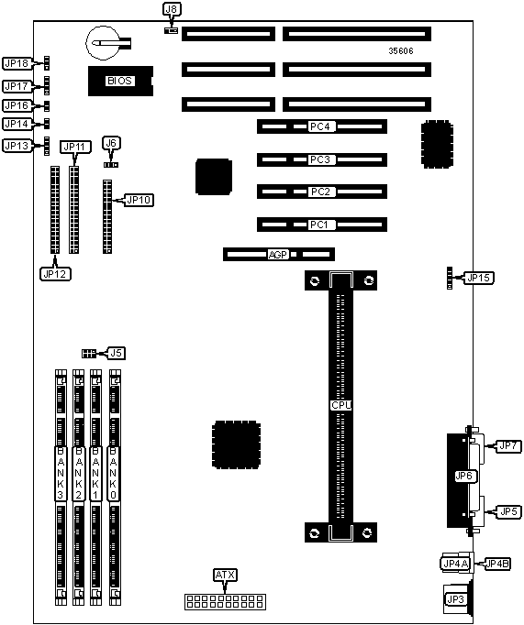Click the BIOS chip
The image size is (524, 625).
120,81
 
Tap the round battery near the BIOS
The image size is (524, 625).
103,43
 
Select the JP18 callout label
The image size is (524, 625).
17,63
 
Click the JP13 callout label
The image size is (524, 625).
17,146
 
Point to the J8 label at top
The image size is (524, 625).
172,9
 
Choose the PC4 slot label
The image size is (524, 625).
320,126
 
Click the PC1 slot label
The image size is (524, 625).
318,225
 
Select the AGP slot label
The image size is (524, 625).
278,254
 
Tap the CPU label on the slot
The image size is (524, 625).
341,405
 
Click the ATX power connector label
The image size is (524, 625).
226,575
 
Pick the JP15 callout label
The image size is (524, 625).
478,278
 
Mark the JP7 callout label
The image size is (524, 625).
508,445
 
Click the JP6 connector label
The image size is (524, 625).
463,476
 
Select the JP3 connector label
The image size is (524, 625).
456,599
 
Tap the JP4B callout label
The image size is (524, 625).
497,564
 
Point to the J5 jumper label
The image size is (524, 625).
117,353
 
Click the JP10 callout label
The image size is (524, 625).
139,200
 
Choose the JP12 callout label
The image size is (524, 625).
55,274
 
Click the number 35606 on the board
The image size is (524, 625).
401,50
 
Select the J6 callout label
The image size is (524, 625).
111,143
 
